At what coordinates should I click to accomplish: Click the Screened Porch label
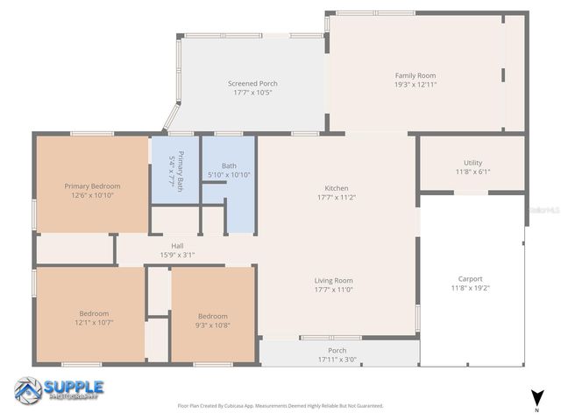tap(252, 83)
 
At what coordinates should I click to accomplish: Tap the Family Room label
tap(415, 75)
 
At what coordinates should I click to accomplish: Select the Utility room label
tap(472, 163)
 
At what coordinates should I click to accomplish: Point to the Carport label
tap(471, 279)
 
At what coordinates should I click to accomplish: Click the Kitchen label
tap(337, 188)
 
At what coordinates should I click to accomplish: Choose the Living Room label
tap(333, 280)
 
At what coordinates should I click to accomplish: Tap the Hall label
tap(177, 246)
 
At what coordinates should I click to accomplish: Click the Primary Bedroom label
tap(92, 185)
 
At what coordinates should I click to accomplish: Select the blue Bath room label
tap(229, 165)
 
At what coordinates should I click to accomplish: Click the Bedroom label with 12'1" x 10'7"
tap(94, 313)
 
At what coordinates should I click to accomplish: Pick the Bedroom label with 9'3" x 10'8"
tap(212, 316)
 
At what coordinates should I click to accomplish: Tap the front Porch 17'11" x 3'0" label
tap(330, 350)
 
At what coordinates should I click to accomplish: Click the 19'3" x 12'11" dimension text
tap(415, 85)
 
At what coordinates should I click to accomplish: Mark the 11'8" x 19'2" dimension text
tap(471, 288)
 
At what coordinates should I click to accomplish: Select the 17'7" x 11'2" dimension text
tap(337, 197)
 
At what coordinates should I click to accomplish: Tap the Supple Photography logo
tap(60, 390)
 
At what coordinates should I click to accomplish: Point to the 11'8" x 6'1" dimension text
tap(472, 171)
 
